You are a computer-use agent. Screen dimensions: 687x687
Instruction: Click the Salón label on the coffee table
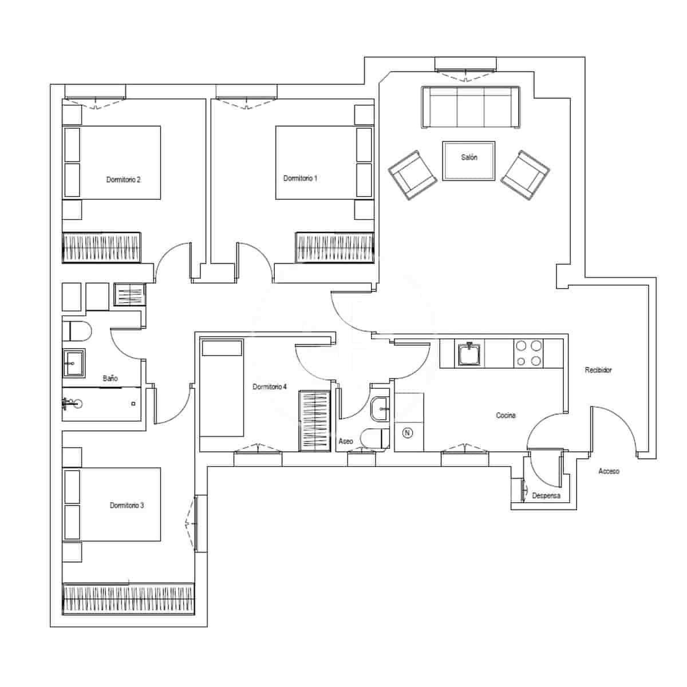click(x=469, y=157)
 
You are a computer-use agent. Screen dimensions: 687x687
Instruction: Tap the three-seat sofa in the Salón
click(x=471, y=108)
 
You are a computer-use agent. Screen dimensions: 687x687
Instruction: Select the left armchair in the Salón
click(x=413, y=175)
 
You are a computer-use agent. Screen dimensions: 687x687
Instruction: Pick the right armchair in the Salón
click(x=525, y=175)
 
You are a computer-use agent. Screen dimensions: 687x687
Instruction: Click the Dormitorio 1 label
click(x=300, y=179)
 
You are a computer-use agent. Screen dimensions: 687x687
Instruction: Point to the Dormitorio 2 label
click(x=123, y=180)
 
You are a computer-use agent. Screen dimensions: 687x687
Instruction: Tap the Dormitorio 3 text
click(x=127, y=506)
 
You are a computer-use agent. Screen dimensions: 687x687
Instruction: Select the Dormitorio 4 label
click(x=270, y=387)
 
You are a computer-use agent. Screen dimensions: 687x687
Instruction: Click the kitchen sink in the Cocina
click(x=469, y=354)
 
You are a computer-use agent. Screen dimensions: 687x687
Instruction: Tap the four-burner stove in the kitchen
click(x=528, y=353)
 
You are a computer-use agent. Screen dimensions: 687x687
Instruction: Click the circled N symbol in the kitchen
click(x=408, y=433)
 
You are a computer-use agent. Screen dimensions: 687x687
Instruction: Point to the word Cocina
click(x=506, y=416)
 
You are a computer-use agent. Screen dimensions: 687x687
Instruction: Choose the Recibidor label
click(x=598, y=370)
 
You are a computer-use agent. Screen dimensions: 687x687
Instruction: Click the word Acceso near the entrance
click(x=609, y=471)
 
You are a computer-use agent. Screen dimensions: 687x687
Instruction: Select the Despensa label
click(x=546, y=496)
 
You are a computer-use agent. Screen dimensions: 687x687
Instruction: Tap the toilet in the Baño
click(x=77, y=331)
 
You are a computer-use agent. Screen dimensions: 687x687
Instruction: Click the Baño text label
click(x=110, y=378)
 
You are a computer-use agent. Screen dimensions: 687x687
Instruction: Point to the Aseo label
click(x=346, y=441)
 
